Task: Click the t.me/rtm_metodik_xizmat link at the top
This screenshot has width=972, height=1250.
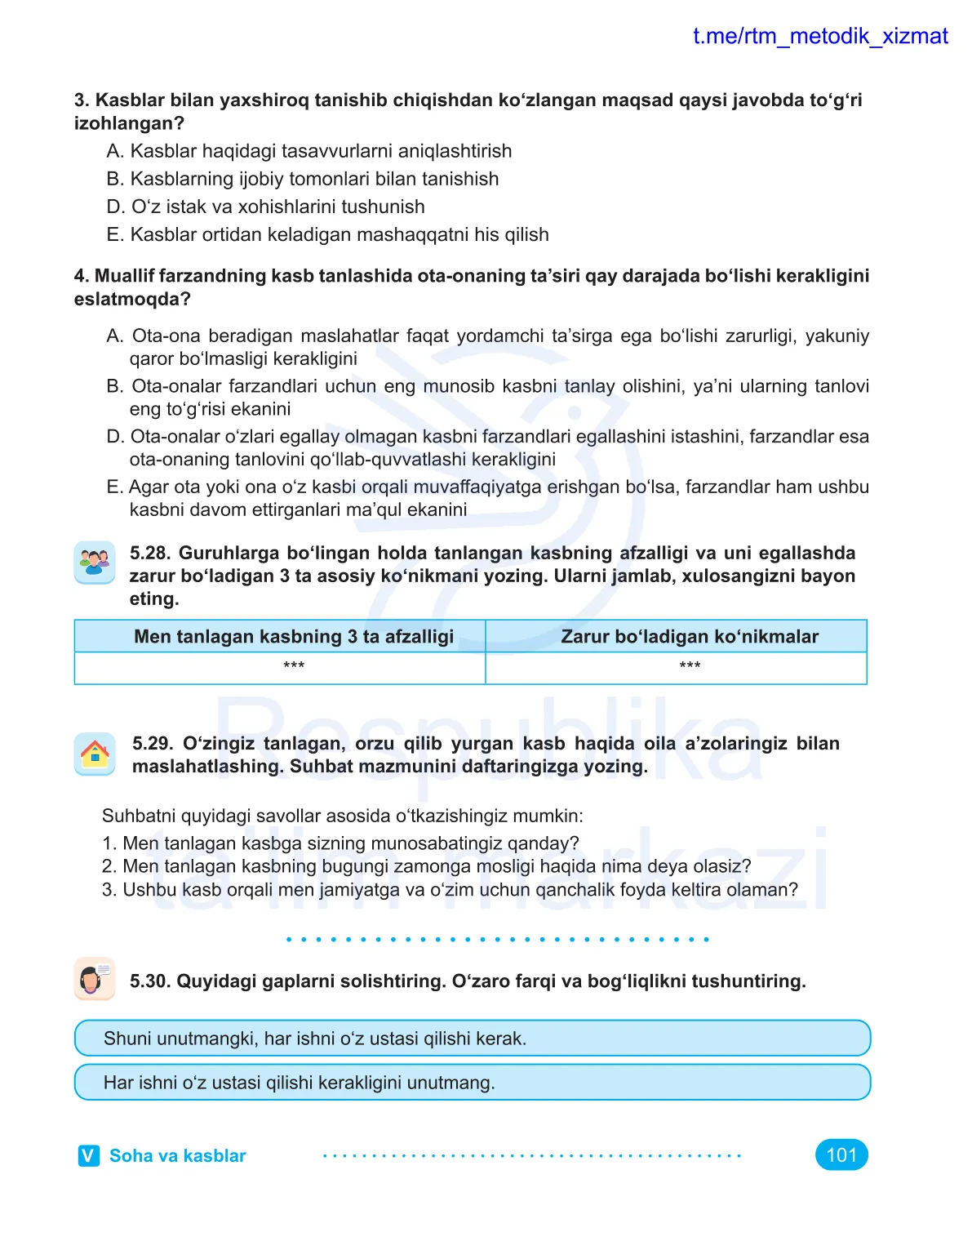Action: [x=819, y=37]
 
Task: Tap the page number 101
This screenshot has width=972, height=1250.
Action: [x=841, y=1154]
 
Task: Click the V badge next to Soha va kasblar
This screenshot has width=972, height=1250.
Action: [x=88, y=1155]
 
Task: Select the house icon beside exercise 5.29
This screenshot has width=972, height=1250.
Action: [x=95, y=754]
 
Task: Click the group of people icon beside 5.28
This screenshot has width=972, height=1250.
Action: [x=95, y=563]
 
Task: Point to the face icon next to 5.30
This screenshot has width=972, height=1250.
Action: [x=95, y=979]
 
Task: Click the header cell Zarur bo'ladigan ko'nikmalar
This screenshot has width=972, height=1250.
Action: [x=690, y=637]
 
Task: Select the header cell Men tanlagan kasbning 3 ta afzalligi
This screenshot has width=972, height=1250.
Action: [x=294, y=637]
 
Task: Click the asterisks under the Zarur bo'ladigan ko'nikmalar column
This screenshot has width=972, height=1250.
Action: [x=690, y=666]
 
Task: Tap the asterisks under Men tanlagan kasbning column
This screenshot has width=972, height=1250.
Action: [x=294, y=666]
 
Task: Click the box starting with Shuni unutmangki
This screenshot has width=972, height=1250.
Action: [x=472, y=1039]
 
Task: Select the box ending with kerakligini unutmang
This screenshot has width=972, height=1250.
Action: [x=472, y=1083]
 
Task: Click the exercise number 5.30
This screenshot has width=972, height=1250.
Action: [x=149, y=981]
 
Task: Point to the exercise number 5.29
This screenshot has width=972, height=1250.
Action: [x=152, y=744]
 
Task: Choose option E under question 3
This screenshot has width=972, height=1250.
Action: [x=326, y=235]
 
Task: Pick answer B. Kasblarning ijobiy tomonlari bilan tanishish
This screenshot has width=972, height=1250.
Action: [x=302, y=180]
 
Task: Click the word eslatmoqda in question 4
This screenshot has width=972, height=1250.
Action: [x=131, y=300]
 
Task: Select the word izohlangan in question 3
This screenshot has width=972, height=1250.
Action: [x=128, y=124]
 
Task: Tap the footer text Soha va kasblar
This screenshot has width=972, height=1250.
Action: [x=177, y=1156]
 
